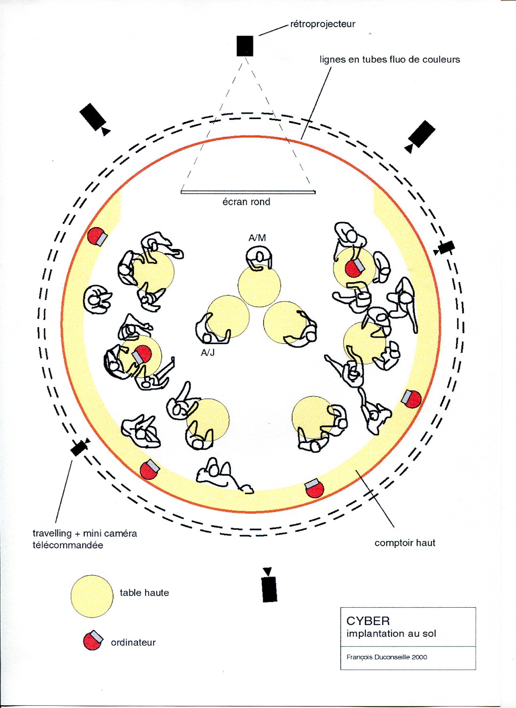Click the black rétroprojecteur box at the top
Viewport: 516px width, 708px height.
tap(245, 46)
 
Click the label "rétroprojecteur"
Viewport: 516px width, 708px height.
tap(323, 24)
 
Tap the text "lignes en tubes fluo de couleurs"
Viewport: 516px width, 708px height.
tap(389, 60)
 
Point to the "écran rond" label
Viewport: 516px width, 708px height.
tap(246, 202)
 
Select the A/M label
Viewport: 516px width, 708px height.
tap(257, 238)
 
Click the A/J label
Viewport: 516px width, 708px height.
tap(208, 353)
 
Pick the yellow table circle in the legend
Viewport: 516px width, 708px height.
tap(92, 596)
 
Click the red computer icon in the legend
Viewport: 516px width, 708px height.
tap(93, 640)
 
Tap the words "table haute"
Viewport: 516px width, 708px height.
tap(144, 593)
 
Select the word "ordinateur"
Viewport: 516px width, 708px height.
tap(133, 642)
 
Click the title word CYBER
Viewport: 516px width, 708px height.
tap(368, 621)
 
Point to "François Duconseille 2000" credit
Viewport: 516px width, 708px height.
tap(386, 657)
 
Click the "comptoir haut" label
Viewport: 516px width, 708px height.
tap(405, 543)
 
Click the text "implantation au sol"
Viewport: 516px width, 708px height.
tap(391, 634)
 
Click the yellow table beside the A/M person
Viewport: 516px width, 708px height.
tap(259, 286)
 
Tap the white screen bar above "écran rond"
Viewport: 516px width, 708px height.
tap(248, 192)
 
